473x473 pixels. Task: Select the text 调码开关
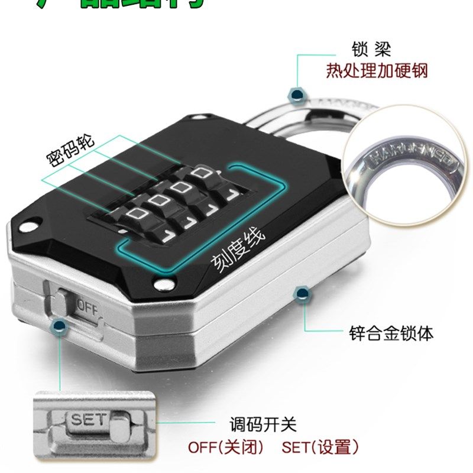[x=263, y=424]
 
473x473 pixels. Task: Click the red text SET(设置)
[x=320, y=447]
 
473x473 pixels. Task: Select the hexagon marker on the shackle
[x=296, y=93]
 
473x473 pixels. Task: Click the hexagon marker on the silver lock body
[x=302, y=292]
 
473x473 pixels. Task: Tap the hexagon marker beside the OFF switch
[x=59, y=325]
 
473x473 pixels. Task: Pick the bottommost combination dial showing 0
[x=136, y=214]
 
